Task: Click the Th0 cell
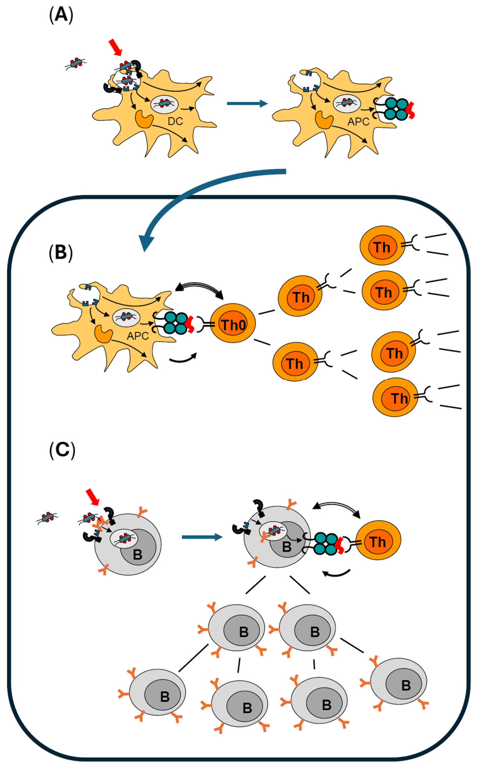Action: point(233,323)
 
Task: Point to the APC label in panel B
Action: point(138,336)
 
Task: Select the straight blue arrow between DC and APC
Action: point(247,104)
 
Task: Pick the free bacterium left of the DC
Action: point(76,63)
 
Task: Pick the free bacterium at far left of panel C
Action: point(47,518)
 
